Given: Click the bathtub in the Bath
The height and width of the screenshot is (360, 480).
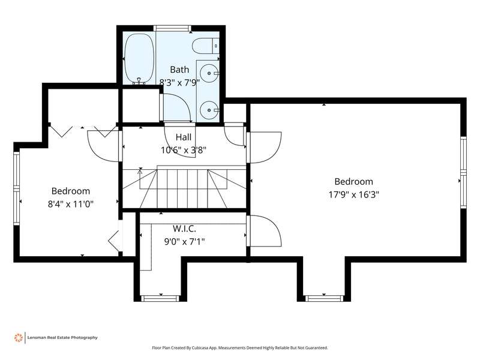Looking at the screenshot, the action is click(x=140, y=58).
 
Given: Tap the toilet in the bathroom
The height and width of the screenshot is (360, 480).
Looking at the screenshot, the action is click(x=206, y=46).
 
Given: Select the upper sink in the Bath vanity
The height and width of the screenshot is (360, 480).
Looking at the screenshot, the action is click(x=209, y=73).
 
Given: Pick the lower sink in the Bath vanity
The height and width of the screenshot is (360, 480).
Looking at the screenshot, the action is click(x=209, y=110).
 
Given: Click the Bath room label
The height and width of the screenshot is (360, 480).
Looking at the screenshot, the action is click(x=179, y=70).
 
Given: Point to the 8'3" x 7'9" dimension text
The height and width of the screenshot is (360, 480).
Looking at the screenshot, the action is click(x=179, y=82).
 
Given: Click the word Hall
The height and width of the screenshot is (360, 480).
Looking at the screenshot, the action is click(x=184, y=137).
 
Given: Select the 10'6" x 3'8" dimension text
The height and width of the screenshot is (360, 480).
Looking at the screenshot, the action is click(x=184, y=150).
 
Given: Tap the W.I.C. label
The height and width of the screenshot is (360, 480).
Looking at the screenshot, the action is click(x=184, y=229).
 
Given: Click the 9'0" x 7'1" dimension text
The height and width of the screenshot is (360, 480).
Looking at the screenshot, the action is click(x=184, y=242).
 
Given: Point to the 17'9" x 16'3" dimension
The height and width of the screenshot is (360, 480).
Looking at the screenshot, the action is click(x=354, y=194).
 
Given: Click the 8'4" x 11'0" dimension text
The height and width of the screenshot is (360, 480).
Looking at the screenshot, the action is click(x=70, y=204).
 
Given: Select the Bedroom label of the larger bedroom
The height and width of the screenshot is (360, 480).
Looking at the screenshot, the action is click(x=354, y=182).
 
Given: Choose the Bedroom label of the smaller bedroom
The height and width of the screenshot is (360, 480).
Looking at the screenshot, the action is click(x=71, y=191).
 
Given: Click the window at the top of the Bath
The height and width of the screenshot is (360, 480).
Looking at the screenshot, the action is click(x=172, y=28).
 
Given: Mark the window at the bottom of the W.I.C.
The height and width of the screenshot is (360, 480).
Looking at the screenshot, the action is click(x=160, y=298).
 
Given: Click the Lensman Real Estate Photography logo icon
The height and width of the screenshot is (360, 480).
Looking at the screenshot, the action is click(x=19, y=338).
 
